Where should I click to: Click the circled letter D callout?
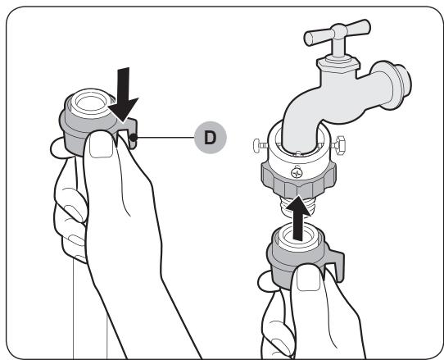(x=211, y=138)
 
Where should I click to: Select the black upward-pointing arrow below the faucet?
(x=297, y=217)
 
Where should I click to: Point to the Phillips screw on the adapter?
(x=297, y=173)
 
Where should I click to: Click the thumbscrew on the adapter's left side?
(x=261, y=145)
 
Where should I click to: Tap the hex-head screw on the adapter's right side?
(x=339, y=145)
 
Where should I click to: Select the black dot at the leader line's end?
(x=133, y=138)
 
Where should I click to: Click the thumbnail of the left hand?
(x=101, y=146)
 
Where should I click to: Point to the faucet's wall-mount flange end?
(x=395, y=84)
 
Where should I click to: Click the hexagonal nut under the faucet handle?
(x=338, y=65)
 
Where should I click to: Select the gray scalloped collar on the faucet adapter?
(x=298, y=179)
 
